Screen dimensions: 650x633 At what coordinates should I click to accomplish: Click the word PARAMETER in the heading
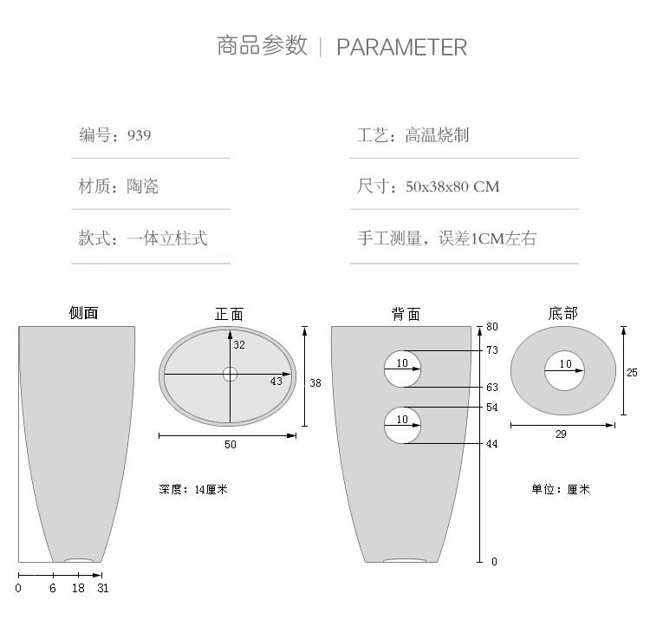pos(401,47)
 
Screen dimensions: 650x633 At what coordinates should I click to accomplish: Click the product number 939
pos(139,135)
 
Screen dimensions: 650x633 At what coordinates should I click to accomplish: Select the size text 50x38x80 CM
pos(452,186)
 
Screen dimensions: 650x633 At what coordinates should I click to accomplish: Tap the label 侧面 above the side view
pos(84,314)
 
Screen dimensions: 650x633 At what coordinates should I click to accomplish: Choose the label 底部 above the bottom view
pos(563,314)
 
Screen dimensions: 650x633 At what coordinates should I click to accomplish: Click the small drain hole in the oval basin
pos(230,375)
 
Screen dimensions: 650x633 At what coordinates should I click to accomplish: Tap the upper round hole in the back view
pos(403,369)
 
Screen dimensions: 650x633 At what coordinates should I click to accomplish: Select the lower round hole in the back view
pos(403,425)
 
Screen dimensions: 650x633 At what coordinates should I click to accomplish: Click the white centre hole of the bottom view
pos(565,373)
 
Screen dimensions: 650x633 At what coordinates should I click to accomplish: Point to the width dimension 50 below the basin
pos(230,445)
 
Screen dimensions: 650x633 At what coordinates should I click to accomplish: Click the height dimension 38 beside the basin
pos(315,382)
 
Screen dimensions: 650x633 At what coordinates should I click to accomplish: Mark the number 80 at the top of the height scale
pos(492,327)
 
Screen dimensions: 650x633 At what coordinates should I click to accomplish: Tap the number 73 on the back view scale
pos(492,350)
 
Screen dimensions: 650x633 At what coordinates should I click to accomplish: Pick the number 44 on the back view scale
pos(492,444)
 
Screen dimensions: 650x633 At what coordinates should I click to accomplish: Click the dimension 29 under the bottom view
pos(561,434)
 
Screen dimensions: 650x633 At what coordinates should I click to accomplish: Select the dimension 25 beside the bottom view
pos(632,373)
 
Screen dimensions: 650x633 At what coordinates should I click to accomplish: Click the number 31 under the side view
pos(103,588)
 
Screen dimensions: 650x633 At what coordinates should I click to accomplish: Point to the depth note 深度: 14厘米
pos(193,490)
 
